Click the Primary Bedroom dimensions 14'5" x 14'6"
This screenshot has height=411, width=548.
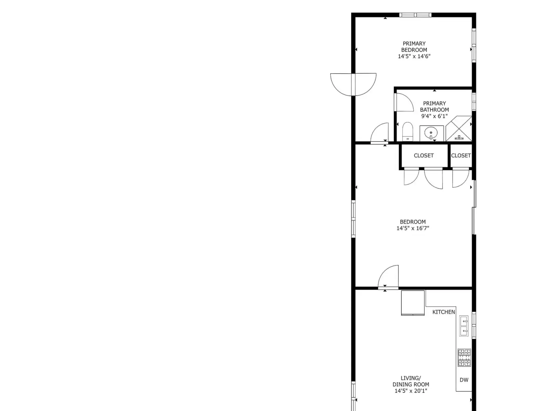(414, 57)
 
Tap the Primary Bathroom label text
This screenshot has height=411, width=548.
(434, 107)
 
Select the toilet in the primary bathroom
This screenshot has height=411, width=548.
(408, 132)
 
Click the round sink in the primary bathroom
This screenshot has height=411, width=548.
(431, 133)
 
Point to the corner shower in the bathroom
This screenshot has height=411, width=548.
(459, 128)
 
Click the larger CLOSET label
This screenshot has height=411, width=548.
(424, 155)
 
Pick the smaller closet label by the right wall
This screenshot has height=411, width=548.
(461, 155)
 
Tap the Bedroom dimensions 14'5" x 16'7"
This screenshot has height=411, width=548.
(413, 228)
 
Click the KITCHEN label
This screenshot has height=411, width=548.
(444, 312)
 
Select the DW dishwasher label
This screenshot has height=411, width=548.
(464, 380)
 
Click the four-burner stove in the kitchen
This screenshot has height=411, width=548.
(464, 357)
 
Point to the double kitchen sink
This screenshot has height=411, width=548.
(464, 326)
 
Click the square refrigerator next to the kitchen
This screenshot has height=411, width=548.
(413, 303)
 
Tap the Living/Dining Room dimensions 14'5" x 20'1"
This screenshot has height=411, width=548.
(411, 391)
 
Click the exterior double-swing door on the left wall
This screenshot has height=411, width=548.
(353, 84)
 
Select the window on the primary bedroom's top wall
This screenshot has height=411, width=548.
(415, 15)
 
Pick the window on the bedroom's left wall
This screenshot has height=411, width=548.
(353, 219)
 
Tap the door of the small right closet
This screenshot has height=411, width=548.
(461, 178)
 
